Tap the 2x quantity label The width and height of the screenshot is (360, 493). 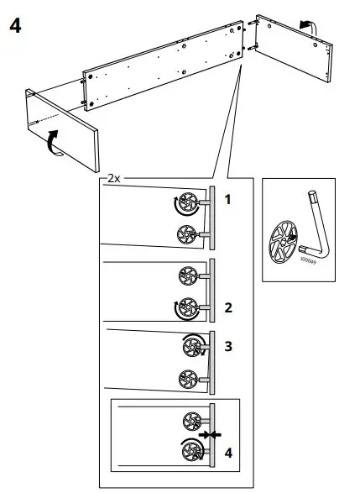pos(113,180)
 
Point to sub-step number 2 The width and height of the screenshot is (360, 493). pos(227,308)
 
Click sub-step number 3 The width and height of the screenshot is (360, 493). pos(227,345)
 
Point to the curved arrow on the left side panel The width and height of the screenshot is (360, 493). pos(53,141)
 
